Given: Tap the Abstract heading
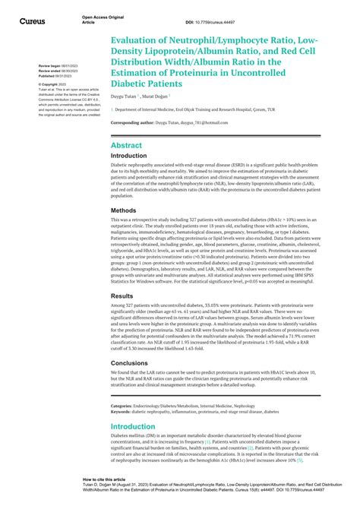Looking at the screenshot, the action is coord(125,144).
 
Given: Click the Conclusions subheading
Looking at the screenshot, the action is coord(130,362).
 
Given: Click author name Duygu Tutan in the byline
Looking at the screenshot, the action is coord(126,97).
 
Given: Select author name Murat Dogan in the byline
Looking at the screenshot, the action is coord(163,97).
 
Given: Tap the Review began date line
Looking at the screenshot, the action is coord(57,66).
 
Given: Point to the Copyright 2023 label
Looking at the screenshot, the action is coord(53,84).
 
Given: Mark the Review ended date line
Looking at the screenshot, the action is coord(57,71).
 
